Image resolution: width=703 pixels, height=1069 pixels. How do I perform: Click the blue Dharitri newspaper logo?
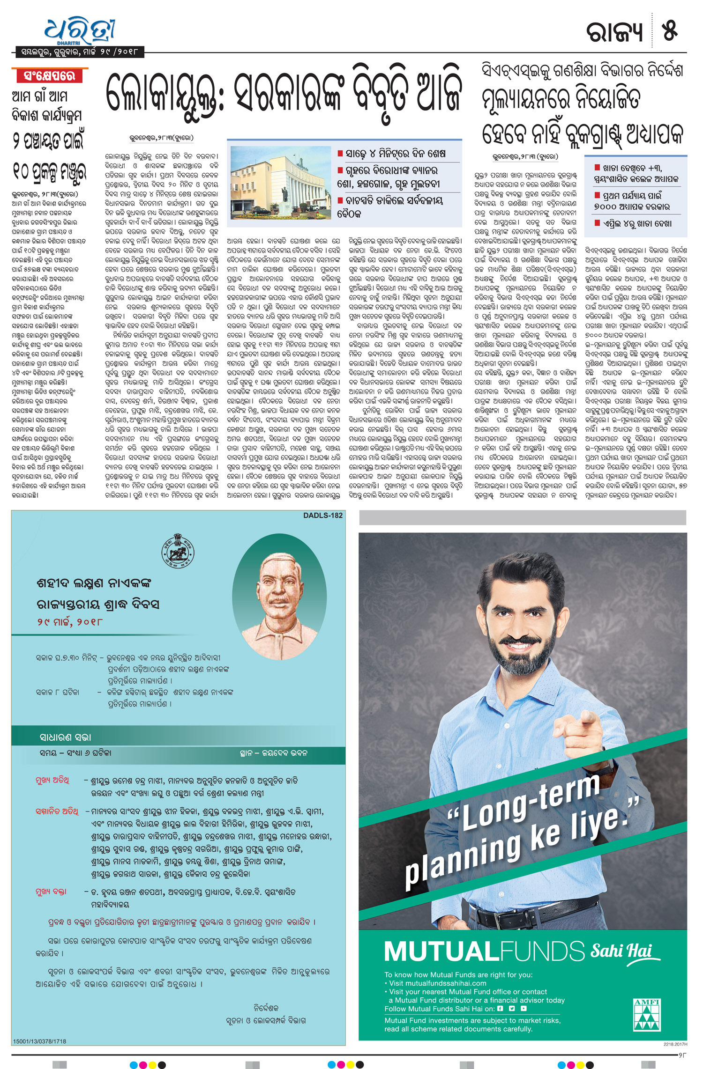tap(80, 30)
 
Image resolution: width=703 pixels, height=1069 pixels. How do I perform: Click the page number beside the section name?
tap(669, 32)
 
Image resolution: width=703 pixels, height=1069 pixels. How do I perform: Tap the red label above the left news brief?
tap(50, 76)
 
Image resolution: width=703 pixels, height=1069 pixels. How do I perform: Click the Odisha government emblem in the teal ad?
tap(178, 551)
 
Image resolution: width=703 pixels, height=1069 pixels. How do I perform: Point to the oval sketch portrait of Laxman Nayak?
tap(279, 598)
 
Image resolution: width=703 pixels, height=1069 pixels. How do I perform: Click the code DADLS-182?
tap(322, 516)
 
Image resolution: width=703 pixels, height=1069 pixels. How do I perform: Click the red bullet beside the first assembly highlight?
tap(340, 153)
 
